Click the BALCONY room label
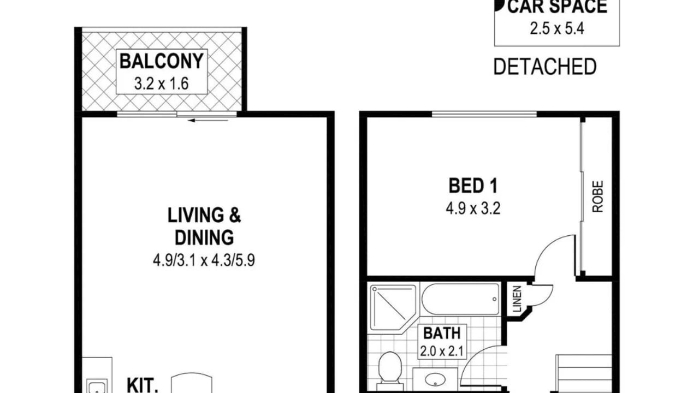pos(161,61)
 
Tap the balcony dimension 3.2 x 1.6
pos(161,84)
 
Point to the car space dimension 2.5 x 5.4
pos(557,29)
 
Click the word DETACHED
pos(545,67)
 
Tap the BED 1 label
pos(473,186)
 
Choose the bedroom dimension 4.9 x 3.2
pos(473,209)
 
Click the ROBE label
pos(598,196)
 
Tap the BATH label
pos(442,333)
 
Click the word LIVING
pos(196,215)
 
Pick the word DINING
pos(204,237)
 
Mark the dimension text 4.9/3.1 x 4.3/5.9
pos(204,260)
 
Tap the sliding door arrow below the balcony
pos(209,121)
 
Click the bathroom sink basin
pos(435,379)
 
